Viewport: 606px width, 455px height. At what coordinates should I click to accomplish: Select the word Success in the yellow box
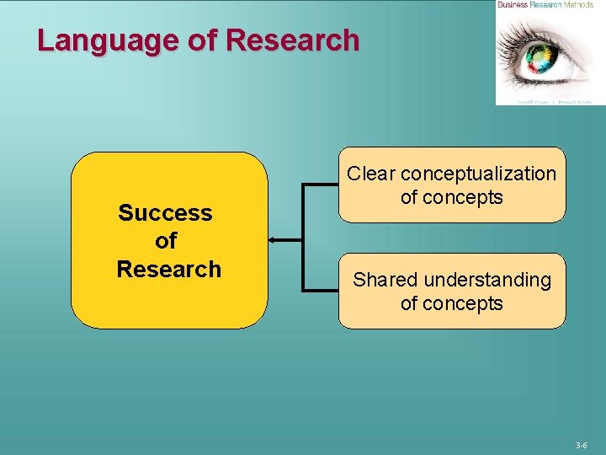(166, 212)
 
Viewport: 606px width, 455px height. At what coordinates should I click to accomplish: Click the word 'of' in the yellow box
(166, 241)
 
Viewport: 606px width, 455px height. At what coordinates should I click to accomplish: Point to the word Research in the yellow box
(168, 269)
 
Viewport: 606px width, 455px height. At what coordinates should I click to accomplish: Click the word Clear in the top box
(371, 174)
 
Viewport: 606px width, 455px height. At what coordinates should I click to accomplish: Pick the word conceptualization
(478, 174)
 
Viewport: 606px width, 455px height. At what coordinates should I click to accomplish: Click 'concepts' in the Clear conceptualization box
(463, 197)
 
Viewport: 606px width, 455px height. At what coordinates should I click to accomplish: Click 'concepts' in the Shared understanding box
(463, 303)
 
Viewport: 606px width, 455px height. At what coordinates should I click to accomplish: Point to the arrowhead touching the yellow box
(274, 240)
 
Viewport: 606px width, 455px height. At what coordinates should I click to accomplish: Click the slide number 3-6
(582, 444)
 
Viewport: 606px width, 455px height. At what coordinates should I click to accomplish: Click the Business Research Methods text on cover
(545, 5)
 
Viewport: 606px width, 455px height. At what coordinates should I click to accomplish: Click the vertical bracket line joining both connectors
(303, 238)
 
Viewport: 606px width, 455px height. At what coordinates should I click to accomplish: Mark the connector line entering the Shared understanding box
(322, 291)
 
